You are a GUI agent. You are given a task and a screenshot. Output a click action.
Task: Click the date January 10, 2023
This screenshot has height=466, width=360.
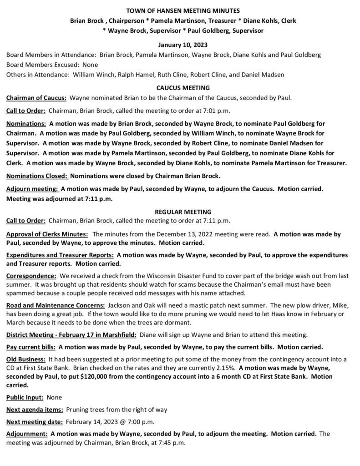click(x=180, y=45)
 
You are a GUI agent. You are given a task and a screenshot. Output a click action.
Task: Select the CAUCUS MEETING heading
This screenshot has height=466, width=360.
click(x=180, y=87)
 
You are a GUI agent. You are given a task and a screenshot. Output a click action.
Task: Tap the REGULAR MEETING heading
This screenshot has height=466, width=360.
click(x=180, y=212)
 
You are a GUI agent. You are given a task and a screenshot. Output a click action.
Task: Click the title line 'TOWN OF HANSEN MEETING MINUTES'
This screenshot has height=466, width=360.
click(x=180, y=10)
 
